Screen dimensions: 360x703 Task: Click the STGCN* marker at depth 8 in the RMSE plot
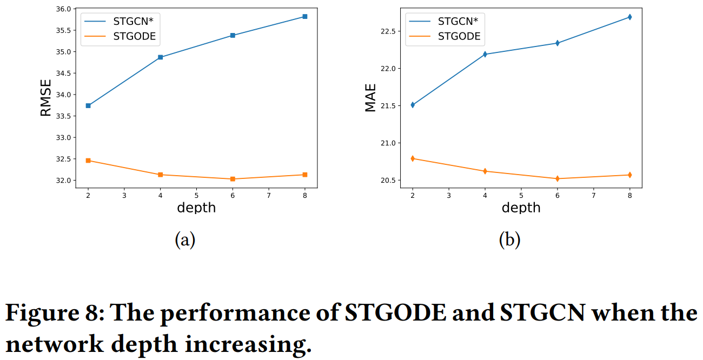305,17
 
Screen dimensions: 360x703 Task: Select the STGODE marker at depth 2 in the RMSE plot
88,161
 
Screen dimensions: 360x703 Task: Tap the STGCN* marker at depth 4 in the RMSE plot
161,57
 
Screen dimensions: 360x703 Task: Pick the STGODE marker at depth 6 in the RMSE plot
233,179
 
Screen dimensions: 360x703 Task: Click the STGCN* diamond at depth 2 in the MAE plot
413,105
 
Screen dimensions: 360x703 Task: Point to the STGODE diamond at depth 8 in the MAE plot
629,175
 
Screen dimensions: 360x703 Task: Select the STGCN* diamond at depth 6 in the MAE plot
557,43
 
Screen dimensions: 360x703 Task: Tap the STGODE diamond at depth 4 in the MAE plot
485,171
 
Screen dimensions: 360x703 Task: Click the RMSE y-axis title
46,98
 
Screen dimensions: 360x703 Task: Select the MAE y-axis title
370,98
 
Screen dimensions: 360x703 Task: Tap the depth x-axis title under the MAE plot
521,208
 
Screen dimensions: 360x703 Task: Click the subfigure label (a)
185,239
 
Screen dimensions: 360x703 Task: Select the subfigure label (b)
509,239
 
